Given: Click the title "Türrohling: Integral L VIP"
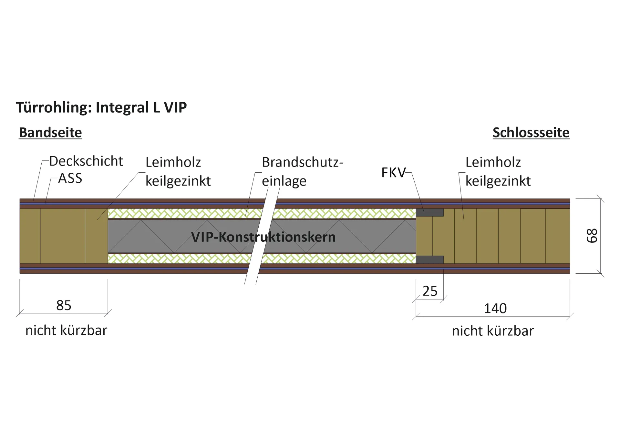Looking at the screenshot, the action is pos(101,107).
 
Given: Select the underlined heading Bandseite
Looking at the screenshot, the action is pos(50,133).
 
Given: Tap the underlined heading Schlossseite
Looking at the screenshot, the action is pos(531,133).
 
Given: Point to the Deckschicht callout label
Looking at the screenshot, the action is pos(86,161).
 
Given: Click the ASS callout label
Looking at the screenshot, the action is pos(70,178).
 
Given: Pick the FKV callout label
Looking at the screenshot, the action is pos(393,173).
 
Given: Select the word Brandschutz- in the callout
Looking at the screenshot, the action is pos(303,162).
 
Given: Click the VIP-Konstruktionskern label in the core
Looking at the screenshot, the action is pos(263,237).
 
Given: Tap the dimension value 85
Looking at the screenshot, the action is pos(64,305).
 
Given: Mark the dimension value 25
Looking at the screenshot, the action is pos(430,291).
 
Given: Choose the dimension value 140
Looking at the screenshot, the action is pos(495,309).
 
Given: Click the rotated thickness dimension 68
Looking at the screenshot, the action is pos(592,236).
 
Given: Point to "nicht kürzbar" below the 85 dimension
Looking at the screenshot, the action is pos(66,330).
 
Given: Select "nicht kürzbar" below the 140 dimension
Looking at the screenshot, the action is pos(493,331).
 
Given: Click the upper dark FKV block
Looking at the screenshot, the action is pos(430,212).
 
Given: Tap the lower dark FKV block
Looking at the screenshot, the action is pos(430,259).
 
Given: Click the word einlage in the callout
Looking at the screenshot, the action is pos(284,181).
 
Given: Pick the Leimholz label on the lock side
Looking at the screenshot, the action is pos(493,162).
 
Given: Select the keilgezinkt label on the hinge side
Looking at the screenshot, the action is pos(178,181).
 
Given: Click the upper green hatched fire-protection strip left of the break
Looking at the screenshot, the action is pos(185,213).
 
